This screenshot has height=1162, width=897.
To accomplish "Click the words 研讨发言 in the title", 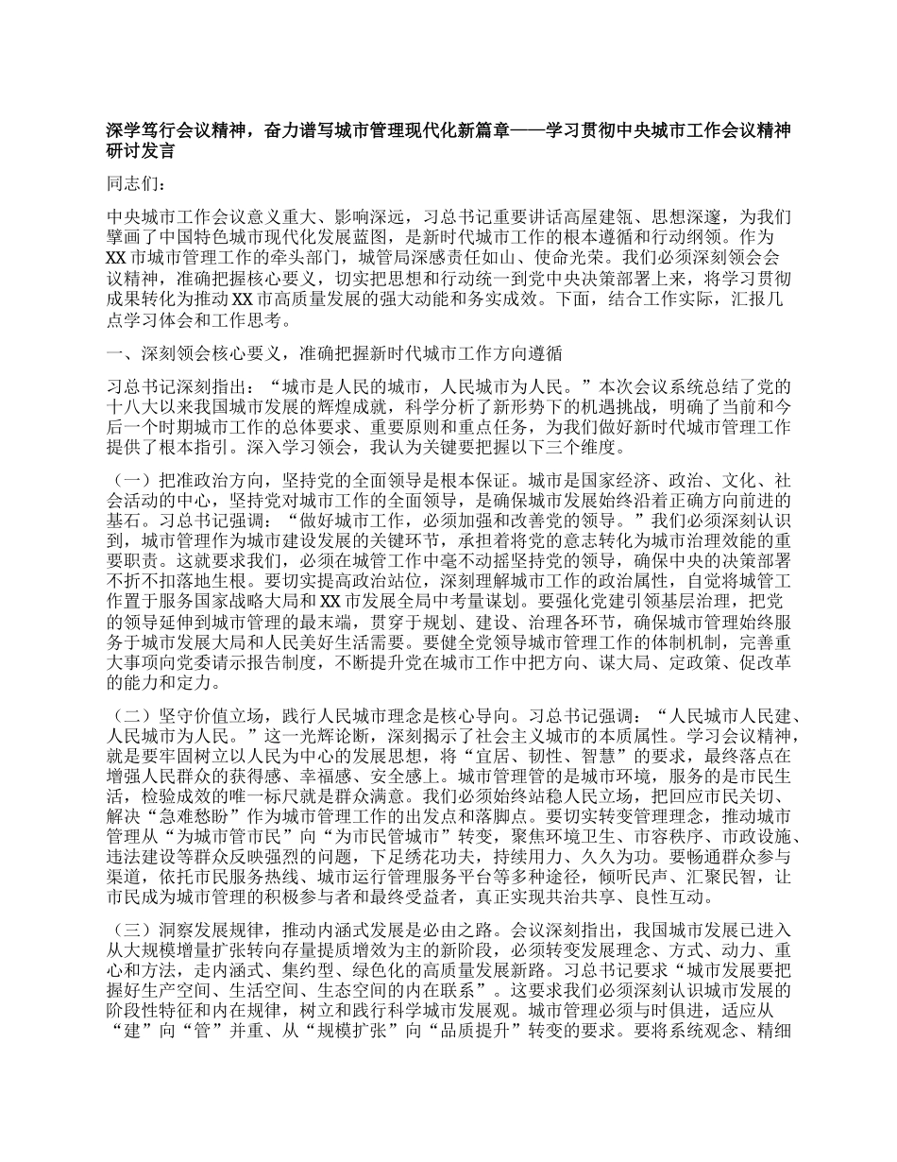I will (140, 149).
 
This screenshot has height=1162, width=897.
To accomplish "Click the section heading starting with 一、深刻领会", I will (335, 354).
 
